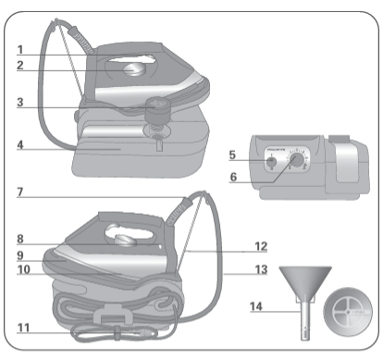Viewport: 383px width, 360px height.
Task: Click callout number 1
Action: coord(20,48)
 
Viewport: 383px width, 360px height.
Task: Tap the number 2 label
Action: coord(20,65)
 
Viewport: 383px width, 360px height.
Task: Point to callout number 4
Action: coord(20,144)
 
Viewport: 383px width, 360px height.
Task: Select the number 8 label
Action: coord(20,239)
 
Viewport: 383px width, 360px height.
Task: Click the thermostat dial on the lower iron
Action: coord(128,240)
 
